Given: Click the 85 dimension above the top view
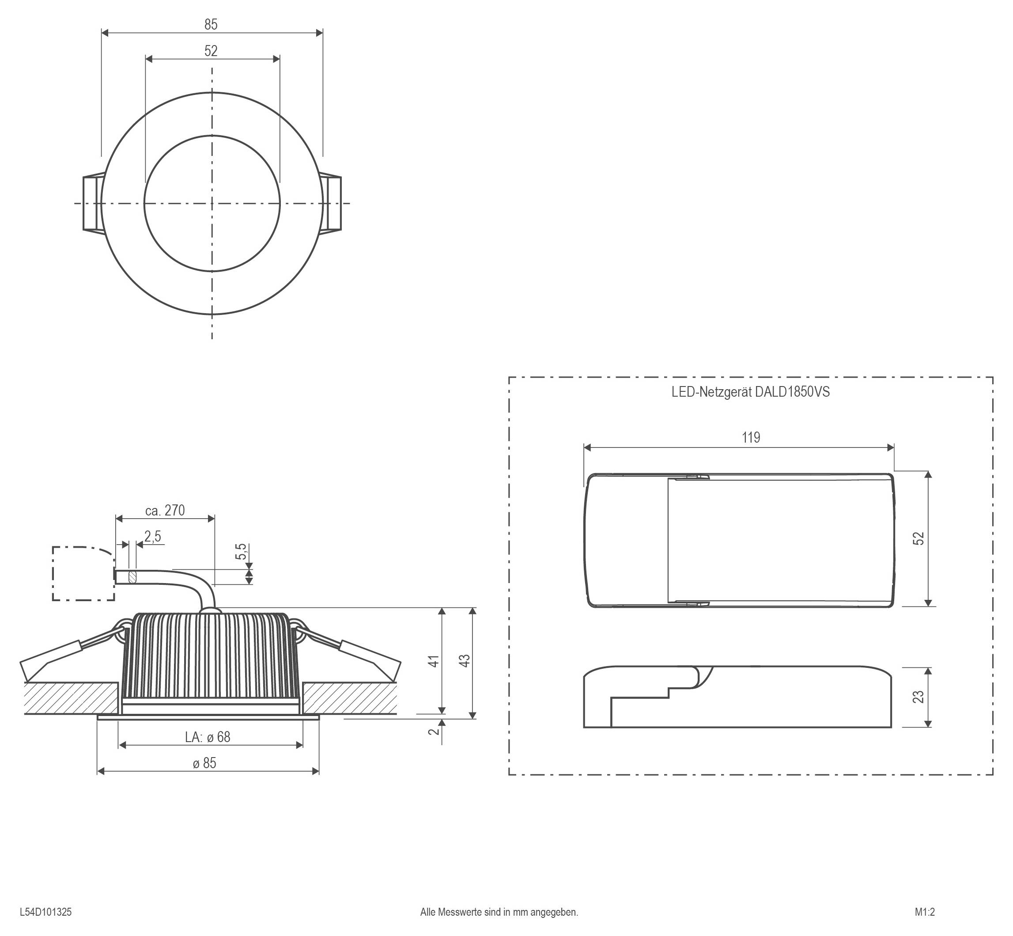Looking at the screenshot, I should point(211,24).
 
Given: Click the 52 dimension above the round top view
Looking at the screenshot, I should point(211,51).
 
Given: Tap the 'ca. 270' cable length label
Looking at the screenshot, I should point(165,511).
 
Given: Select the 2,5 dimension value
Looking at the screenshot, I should point(152,536).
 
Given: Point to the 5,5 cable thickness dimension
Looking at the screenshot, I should point(242,552).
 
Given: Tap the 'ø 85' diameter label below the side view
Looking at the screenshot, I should point(205,763).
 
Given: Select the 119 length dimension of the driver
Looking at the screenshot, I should point(751,438).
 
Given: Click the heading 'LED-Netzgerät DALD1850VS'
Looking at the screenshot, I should point(750,392).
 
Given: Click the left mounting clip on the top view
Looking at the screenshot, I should point(92,204).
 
